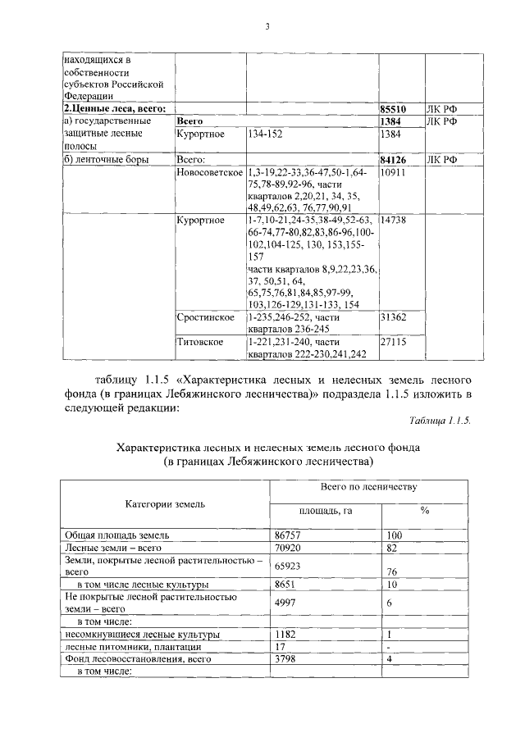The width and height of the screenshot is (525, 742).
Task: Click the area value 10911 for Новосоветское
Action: [x=393, y=174]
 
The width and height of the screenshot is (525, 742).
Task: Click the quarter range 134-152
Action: [x=264, y=134]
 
